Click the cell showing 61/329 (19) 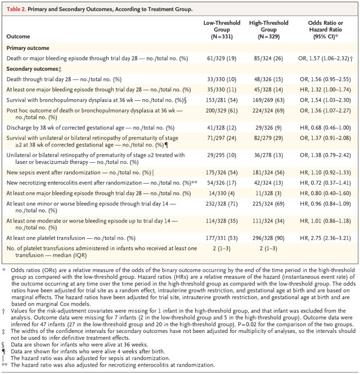[218, 59]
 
